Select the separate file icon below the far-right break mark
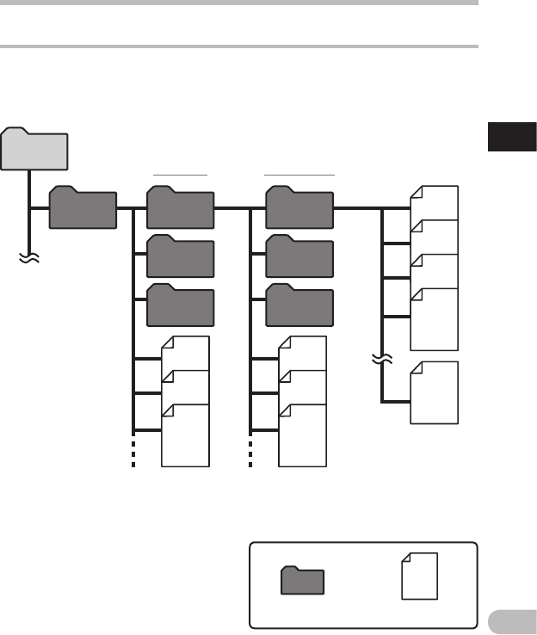pos(435,393)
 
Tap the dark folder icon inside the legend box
pos(303,581)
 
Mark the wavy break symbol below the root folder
pos(30,256)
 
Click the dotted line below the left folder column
pos(133,452)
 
